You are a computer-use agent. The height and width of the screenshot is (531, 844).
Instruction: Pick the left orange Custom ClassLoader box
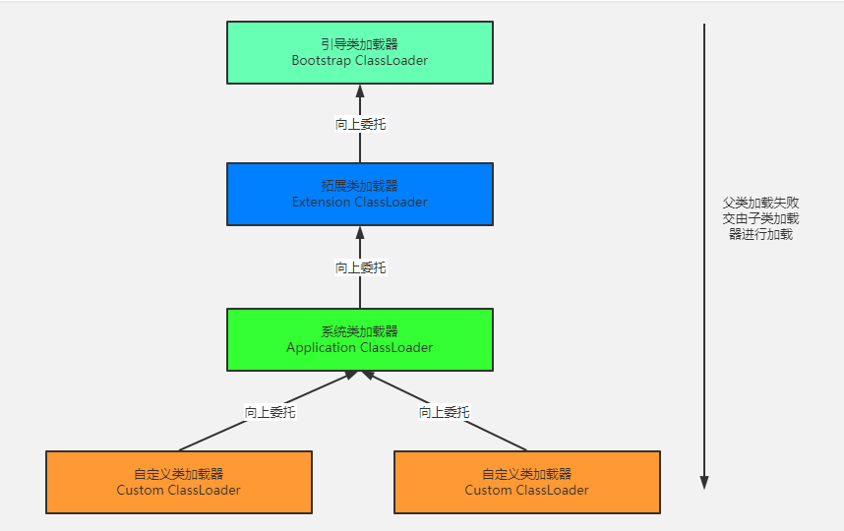[178, 482]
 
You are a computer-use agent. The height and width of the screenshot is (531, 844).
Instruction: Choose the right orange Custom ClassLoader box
[526, 482]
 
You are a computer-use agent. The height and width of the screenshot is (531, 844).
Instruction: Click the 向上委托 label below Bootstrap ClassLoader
[360, 125]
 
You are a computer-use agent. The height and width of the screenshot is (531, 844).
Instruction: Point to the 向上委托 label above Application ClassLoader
[360, 267]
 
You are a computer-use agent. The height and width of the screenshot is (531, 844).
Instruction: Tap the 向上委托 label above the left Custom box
[270, 412]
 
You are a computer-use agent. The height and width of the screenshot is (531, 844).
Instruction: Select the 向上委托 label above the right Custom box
[444, 412]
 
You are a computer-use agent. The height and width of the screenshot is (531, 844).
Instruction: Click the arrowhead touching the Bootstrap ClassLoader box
[360, 91]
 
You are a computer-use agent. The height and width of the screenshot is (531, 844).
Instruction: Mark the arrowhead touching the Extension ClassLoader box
[360, 233]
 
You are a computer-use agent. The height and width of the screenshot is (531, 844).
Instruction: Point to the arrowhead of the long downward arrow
[704, 482]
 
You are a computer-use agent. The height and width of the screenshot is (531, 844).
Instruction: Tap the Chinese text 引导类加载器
[359, 44]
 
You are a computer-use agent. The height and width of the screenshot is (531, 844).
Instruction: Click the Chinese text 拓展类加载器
[359, 186]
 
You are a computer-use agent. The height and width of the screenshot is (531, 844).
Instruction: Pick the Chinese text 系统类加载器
[359, 331]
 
